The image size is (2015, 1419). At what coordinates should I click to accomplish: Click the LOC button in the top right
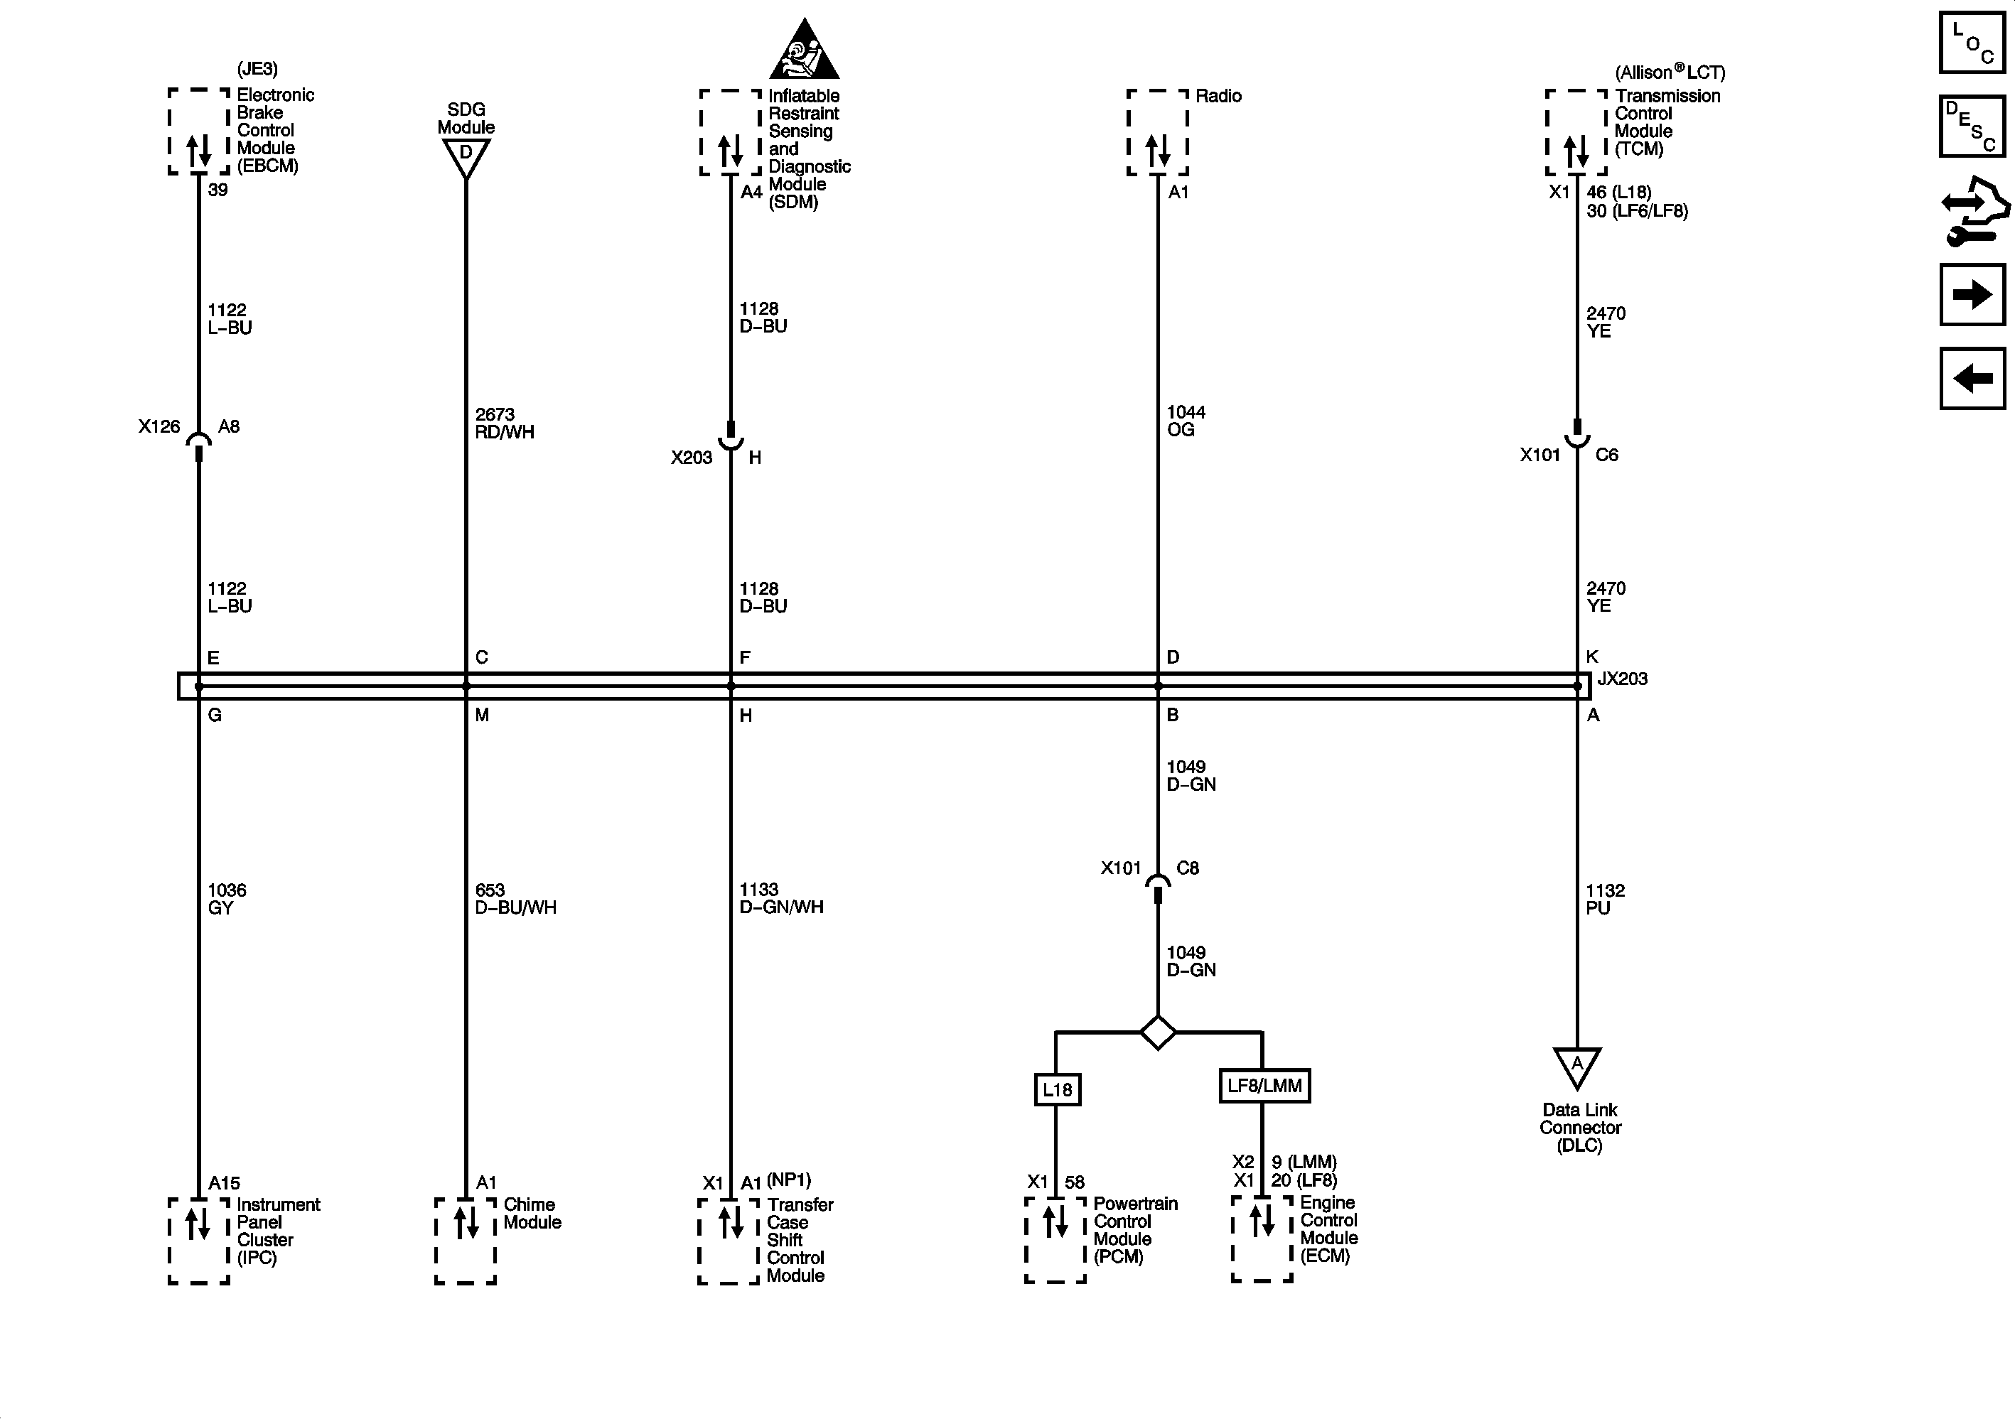[1972, 42]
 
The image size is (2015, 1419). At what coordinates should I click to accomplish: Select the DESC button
[1972, 126]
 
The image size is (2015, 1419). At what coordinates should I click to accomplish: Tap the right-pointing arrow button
[1972, 295]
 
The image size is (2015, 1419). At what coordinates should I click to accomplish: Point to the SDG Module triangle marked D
[466, 157]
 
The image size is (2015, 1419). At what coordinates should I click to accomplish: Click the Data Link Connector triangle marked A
[1577, 1067]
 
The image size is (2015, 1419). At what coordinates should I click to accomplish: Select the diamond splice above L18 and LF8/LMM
[1158, 1032]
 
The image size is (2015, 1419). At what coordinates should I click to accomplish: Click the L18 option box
[1057, 1089]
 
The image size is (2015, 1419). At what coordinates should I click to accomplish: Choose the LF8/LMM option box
[1264, 1086]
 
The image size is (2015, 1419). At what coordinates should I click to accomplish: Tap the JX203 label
[1622, 679]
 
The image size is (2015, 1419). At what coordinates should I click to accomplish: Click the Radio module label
[1218, 96]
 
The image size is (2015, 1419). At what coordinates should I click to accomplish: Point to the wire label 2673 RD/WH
[504, 423]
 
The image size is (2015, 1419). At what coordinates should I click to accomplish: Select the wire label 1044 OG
[1186, 421]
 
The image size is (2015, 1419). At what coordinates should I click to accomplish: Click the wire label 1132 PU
[1604, 899]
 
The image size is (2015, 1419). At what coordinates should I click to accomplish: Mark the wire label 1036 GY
[227, 899]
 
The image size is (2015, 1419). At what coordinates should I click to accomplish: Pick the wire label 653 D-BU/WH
[515, 899]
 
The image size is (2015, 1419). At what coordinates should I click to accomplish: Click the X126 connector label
[158, 426]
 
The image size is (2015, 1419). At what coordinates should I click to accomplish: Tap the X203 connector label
[692, 457]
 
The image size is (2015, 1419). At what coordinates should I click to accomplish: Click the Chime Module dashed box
[465, 1240]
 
